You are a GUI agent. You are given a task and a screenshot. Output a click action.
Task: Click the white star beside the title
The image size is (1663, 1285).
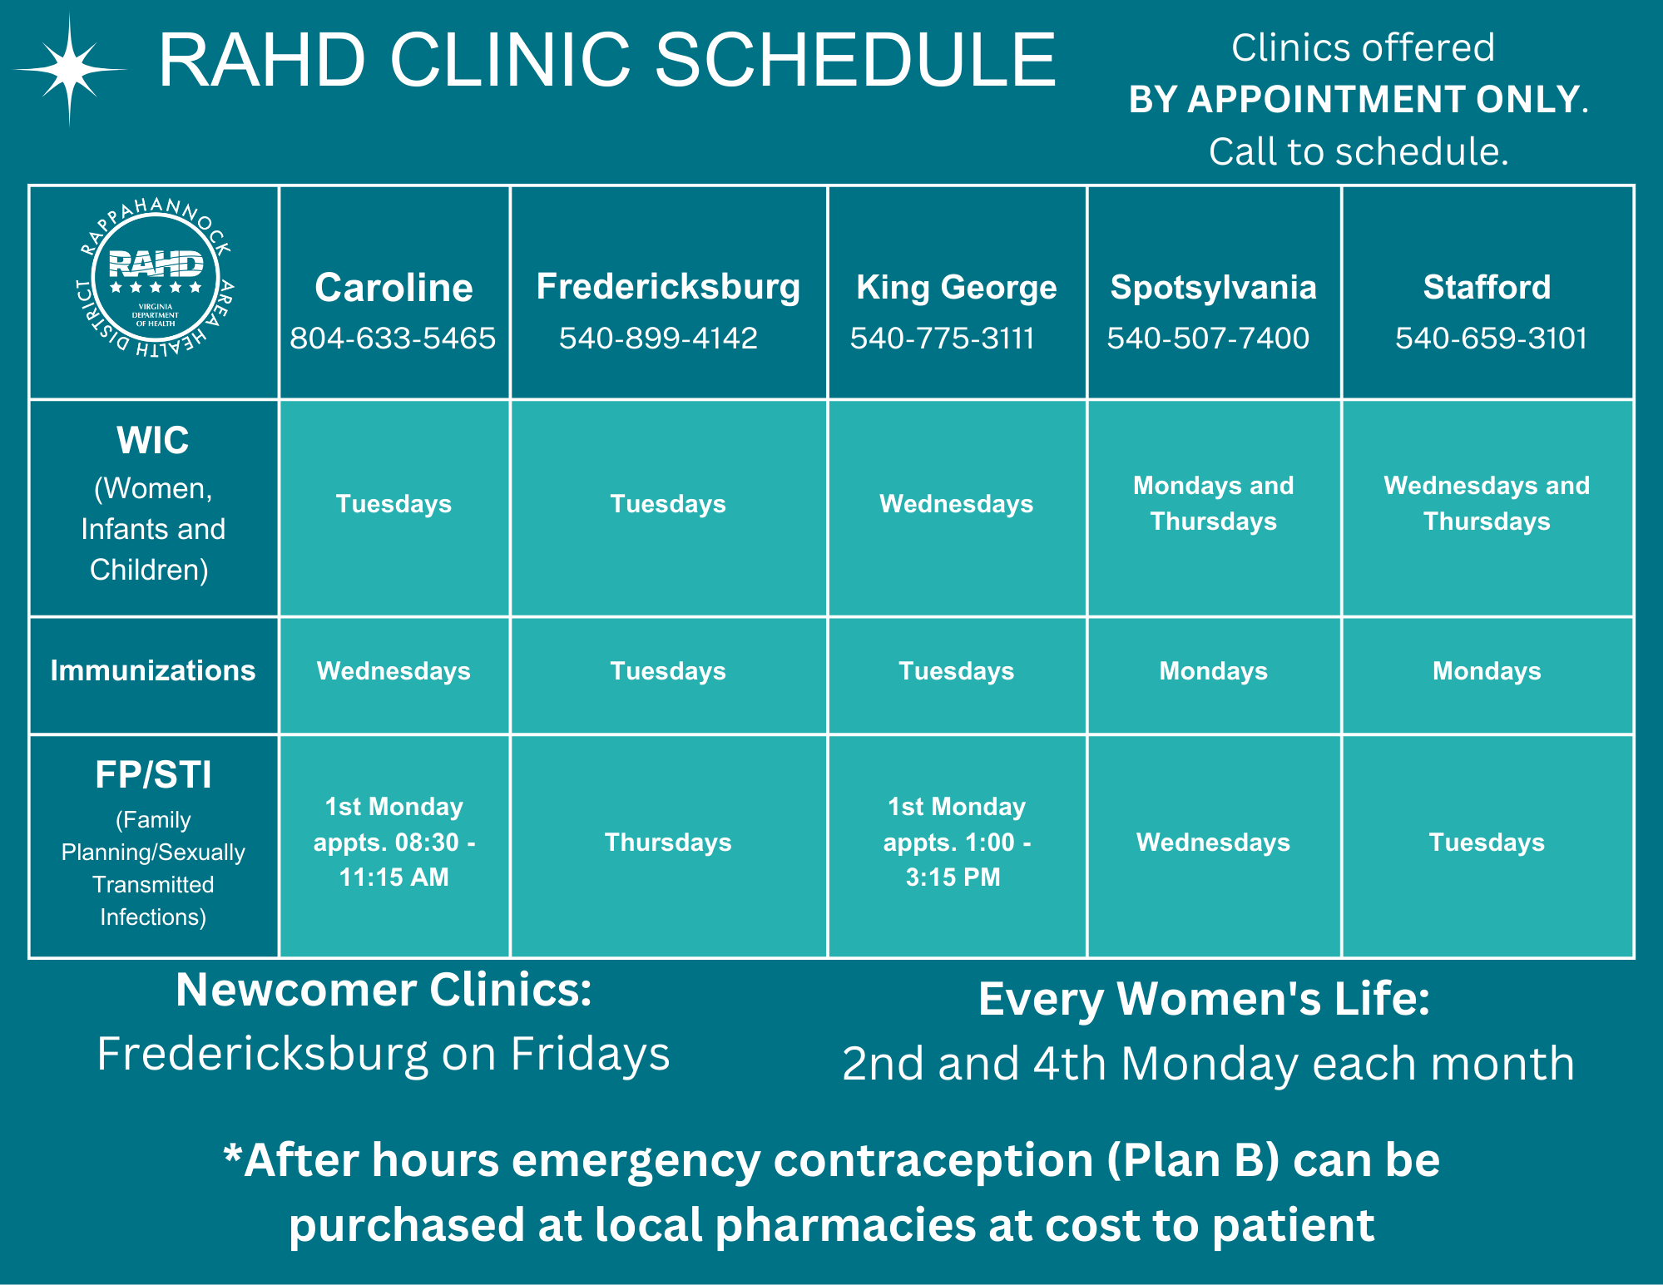71,70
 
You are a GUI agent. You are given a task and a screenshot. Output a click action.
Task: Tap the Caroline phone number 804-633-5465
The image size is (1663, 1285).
393,339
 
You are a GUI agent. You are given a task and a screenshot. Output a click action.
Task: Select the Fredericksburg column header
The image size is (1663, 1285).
668,287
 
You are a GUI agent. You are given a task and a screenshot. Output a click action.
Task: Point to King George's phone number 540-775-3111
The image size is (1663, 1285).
942,339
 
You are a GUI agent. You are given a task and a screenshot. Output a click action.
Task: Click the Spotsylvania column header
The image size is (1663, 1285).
1213,288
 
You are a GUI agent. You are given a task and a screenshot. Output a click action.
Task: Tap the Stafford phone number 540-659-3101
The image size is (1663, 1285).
1491,339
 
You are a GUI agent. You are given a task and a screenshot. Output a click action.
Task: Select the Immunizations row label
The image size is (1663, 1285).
153,670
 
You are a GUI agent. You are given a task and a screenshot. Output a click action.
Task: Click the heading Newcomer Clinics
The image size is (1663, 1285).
384,991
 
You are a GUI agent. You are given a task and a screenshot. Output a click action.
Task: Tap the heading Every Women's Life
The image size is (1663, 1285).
1204,999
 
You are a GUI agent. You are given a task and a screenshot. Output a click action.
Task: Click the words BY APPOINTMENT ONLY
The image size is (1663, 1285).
1354,100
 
